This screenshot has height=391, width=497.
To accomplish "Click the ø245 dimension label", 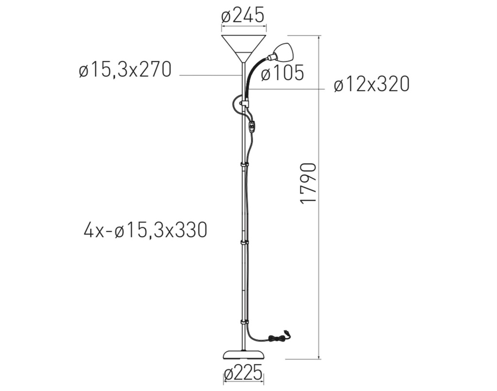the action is [x=243, y=15].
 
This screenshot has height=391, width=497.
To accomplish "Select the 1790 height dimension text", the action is [x=308, y=183].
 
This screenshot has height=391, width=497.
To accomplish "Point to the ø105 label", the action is [x=283, y=73].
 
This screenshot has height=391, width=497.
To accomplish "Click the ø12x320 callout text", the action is [x=371, y=85].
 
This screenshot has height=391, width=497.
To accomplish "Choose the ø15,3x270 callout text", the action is [x=125, y=69].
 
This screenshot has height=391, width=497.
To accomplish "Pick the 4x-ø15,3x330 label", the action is [x=146, y=230].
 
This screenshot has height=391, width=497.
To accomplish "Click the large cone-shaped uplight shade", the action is [x=244, y=48].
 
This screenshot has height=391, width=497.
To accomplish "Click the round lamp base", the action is [x=244, y=354].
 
